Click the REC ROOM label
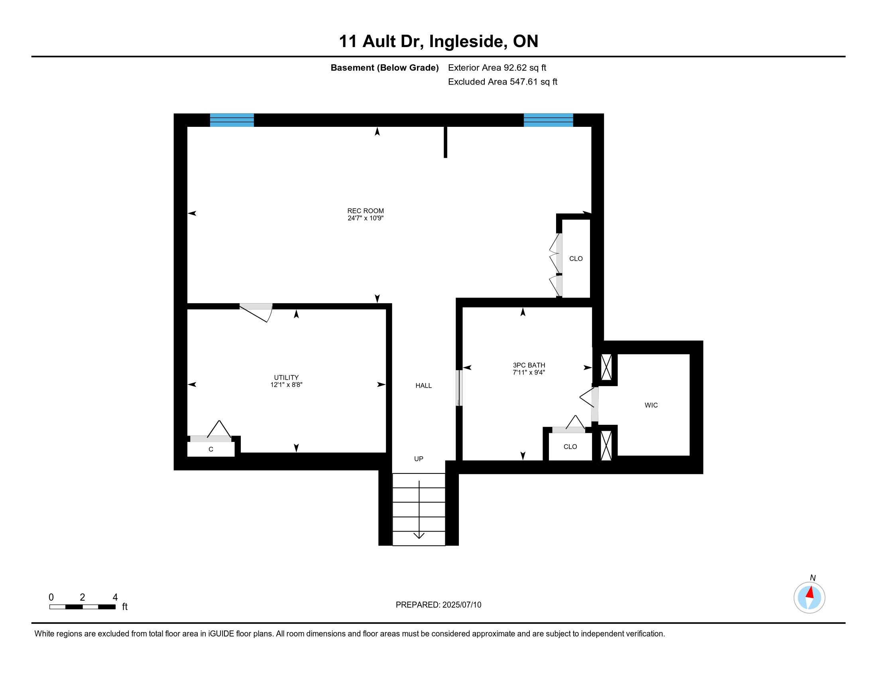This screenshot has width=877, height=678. [366, 211]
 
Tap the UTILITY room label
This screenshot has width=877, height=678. [286, 378]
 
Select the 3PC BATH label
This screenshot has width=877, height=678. [529, 365]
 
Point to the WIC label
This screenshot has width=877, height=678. [651, 405]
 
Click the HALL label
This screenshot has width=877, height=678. [424, 386]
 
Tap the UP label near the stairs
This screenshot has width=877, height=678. [419, 459]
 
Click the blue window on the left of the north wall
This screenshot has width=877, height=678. [232, 120]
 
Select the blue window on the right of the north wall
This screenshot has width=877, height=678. [548, 120]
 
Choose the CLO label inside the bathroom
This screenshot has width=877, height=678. [570, 447]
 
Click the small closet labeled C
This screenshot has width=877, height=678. [211, 449]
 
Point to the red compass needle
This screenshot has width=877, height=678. [810, 592]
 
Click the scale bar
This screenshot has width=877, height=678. [83, 607]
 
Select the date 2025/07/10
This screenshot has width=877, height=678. [461, 605]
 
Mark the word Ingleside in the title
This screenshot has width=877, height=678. [467, 41]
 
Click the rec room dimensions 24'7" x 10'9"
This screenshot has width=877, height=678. [366, 218]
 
